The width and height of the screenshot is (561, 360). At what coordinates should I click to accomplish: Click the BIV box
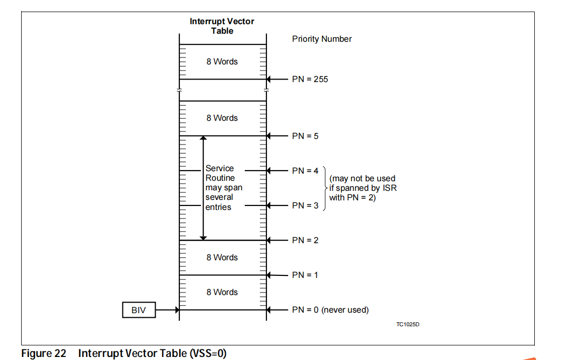pyautogui.click(x=139, y=310)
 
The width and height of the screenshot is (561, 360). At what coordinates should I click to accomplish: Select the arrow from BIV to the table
pyautogui.click(x=167, y=310)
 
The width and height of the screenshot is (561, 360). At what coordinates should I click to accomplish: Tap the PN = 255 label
pyautogui.click(x=310, y=79)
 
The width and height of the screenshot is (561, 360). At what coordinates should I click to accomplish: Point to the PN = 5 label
pyautogui.click(x=305, y=136)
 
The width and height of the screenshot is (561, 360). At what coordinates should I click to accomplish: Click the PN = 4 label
pyautogui.click(x=305, y=171)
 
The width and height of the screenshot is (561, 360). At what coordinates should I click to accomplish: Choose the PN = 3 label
pyautogui.click(x=305, y=205)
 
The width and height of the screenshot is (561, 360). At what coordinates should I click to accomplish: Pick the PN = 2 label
pyautogui.click(x=305, y=240)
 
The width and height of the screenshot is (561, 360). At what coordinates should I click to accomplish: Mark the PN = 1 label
pyautogui.click(x=305, y=275)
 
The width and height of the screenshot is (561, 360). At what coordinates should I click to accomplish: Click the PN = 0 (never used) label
pyautogui.click(x=330, y=310)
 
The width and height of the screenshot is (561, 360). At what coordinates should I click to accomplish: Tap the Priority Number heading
pyautogui.click(x=322, y=39)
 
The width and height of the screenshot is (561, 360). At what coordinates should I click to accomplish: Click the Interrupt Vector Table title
pyautogui.click(x=222, y=26)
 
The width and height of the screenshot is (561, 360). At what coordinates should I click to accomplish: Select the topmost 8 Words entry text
pyautogui.click(x=222, y=61)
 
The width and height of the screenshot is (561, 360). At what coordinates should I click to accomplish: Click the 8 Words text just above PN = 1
pyautogui.click(x=222, y=257)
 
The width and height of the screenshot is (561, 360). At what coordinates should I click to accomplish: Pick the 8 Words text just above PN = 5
pyautogui.click(x=222, y=118)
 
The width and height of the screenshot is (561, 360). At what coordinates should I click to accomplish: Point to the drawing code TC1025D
pyautogui.click(x=408, y=324)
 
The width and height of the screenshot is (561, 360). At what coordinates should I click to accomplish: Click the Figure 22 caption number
pyautogui.click(x=44, y=353)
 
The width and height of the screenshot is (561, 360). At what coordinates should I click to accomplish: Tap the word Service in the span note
pyautogui.click(x=220, y=168)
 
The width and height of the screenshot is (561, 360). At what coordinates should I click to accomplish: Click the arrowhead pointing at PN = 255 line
pyautogui.click(x=269, y=79)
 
